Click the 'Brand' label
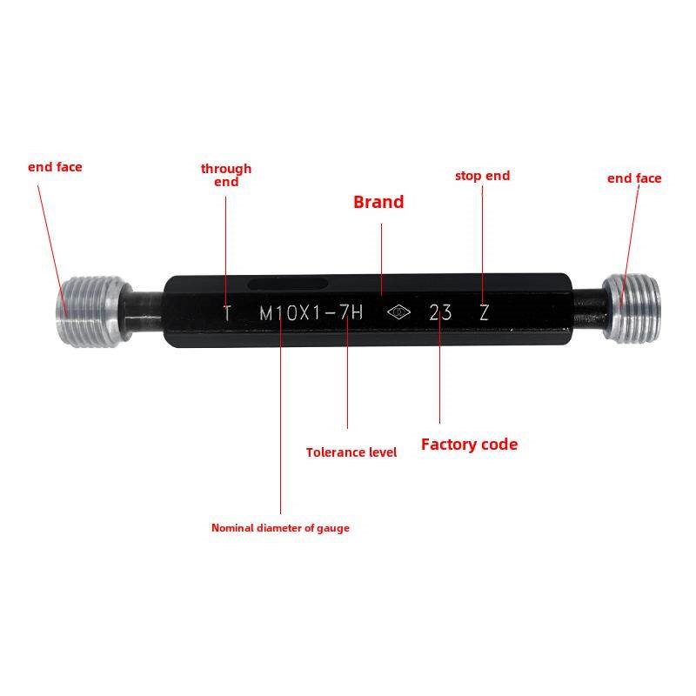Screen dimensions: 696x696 pyautogui.click(x=378, y=202)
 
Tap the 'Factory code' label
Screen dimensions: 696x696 pyautogui.click(x=469, y=445)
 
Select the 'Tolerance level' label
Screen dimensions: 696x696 pyautogui.click(x=351, y=452)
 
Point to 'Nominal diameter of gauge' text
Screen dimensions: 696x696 pyautogui.click(x=280, y=528)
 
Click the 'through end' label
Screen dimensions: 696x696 pyautogui.click(x=226, y=175)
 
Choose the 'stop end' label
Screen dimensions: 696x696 pyautogui.click(x=483, y=176)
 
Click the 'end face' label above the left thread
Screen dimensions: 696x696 pyautogui.click(x=55, y=167)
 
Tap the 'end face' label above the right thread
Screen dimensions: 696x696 pyautogui.click(x=634, y=178)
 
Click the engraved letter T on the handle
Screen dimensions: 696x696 pyautogui.click(x=227, y=313)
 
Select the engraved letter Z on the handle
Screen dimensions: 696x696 pyautogui.click(x=485, y=312)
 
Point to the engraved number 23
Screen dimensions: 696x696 pyautogui.click(x=440, y=312)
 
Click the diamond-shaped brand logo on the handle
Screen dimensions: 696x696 pyautogui.click(x=398, y=312)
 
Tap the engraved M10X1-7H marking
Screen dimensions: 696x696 pyautogui.click(x=311, y=313)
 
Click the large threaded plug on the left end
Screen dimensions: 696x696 pyautogui.click(x=89, y=311)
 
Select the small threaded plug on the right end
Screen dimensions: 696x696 pyautogui.click(x=632, y=309)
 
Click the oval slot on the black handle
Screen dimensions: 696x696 pyautogui.click(x=288, y=284)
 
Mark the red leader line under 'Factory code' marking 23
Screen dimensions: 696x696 pyautogui.click(x=440, y=368)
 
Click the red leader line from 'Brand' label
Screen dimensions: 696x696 pyautogui.click(x=382, y=259)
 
